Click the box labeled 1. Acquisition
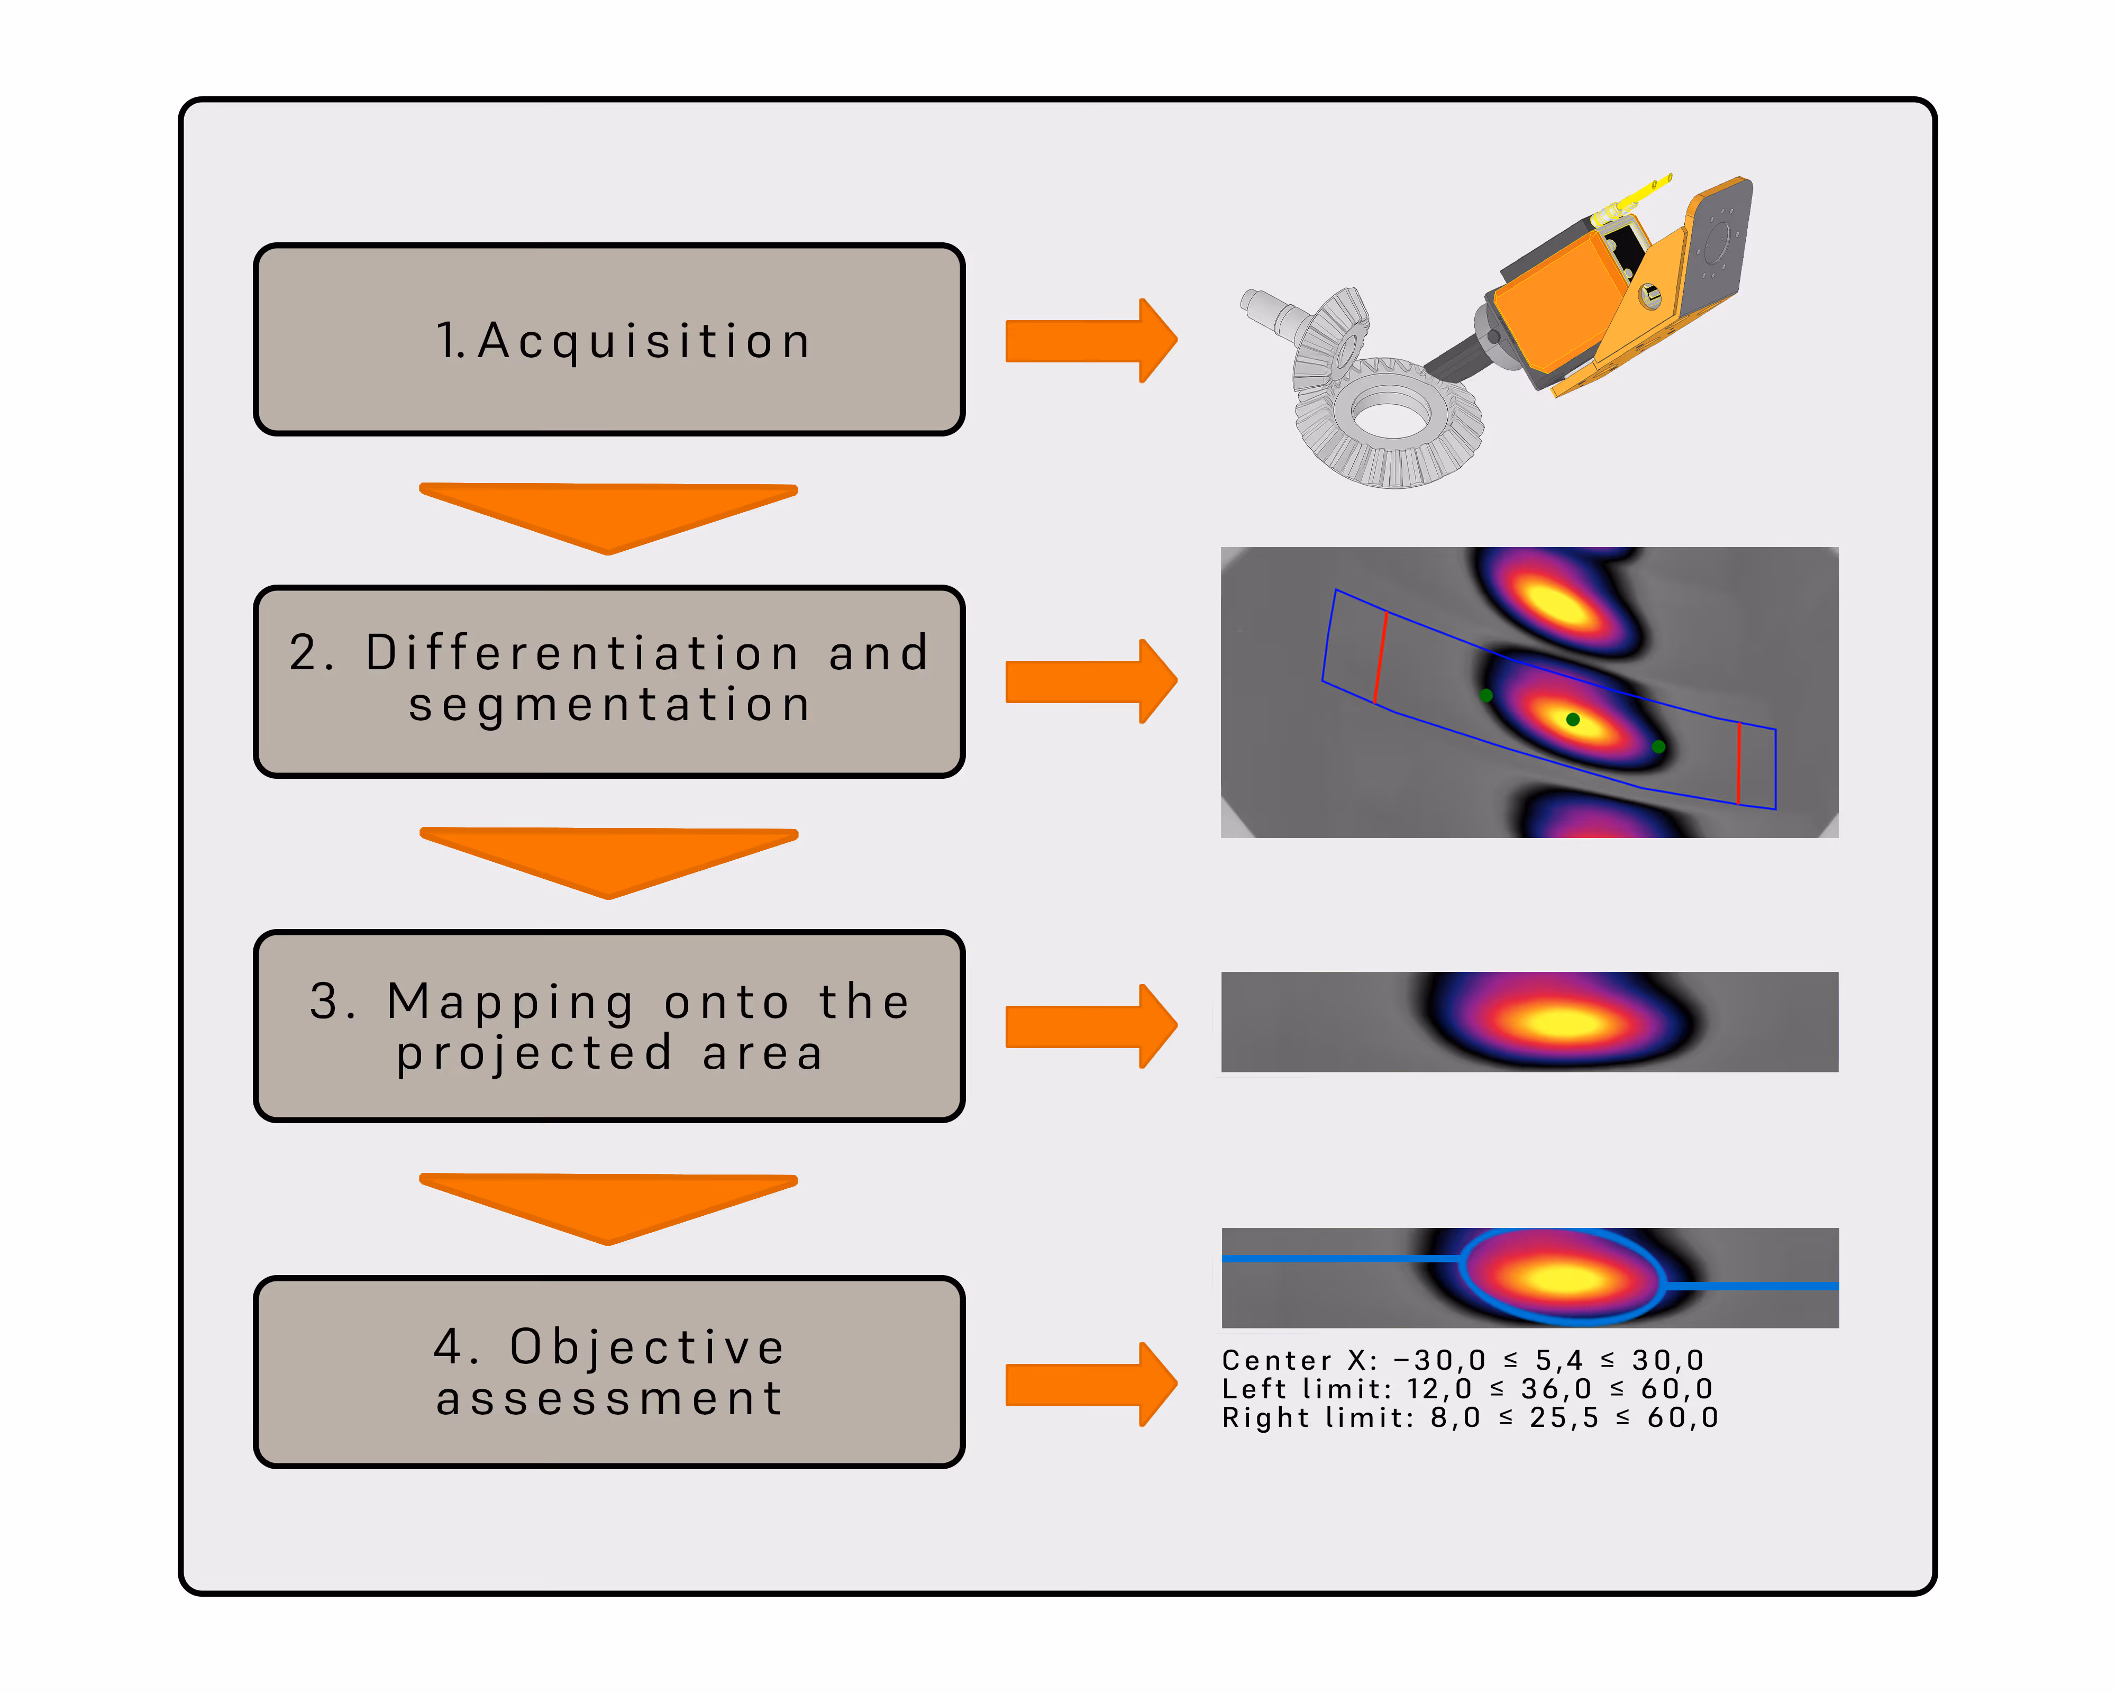click(x=608, y=340)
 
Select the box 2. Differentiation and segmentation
click(x=608, y=681)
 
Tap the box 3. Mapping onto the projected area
click(x=608, y=1026)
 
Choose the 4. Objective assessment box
click(x=608, y=1372)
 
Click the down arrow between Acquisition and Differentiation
click(x=608, y=512)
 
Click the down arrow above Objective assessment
click(x=608, y=1203)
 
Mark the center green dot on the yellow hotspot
click(x=1572, y=720)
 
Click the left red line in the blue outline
click(x=1381, y=658)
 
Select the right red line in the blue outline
click(x=1738, y=762)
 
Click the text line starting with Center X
click(x=1462, y=1360)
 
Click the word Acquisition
click(x=644, y=341)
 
